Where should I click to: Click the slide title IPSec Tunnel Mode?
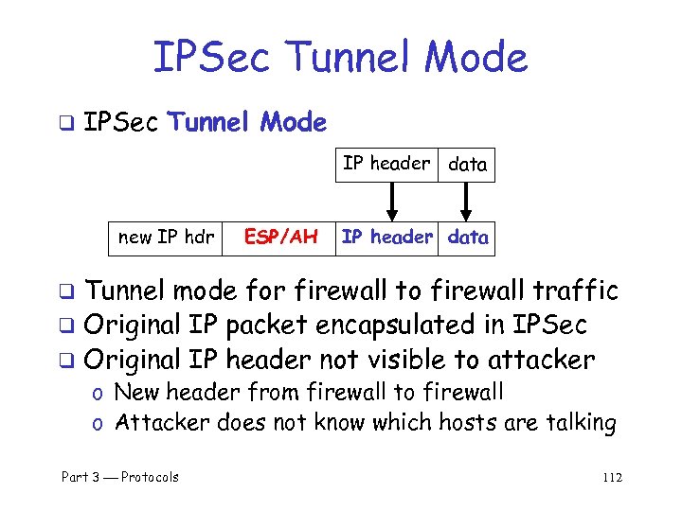[x=340, y=58]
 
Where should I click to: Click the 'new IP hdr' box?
[x=166, y=237]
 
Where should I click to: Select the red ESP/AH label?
[x=281, y=237]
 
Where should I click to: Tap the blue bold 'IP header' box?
[x=386, y=237]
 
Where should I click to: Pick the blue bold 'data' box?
[x=468, y=237]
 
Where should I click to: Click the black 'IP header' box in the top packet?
[x=386, y=164]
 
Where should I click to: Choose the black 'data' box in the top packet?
[x=468, y=165]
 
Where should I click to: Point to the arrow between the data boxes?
[x=466, y=201]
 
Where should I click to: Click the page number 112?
[x=612, y=477]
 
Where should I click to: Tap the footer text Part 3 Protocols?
[x=120, y=477]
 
